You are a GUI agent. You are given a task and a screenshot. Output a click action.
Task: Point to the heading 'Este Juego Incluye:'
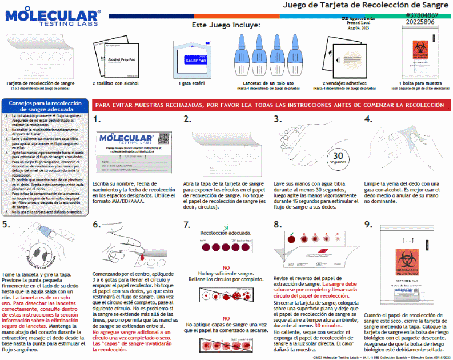(226, 26)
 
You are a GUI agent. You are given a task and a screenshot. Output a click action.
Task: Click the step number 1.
(98, 119)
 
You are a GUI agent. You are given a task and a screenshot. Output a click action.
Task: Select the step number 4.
(368, 119)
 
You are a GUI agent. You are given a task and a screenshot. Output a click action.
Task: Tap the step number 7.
(187, 225)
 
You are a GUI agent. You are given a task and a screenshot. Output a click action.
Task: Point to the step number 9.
(368, 225)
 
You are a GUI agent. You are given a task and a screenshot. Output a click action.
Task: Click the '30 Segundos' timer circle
(338, 157)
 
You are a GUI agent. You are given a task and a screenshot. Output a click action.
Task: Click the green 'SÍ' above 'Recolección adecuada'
(226, 227)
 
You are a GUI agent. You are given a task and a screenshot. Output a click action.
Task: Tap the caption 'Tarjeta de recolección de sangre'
(40, 83)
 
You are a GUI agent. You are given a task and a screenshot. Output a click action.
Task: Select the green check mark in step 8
(292, 234)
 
